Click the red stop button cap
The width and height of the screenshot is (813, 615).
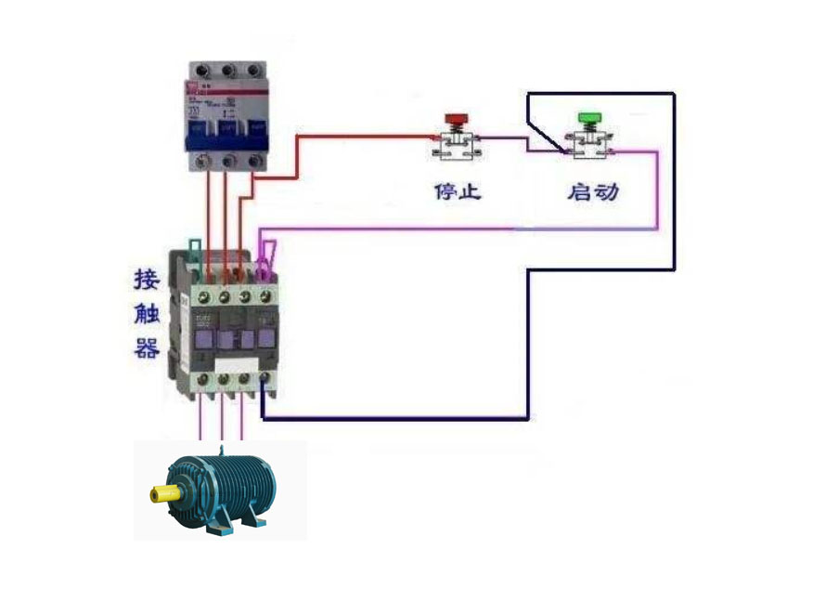(x=456, y=119)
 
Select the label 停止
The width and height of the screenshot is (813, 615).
(x=458, y=192)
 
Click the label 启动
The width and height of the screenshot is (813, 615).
(x=593, y=192)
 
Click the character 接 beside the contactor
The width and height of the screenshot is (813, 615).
(x=148, y=279)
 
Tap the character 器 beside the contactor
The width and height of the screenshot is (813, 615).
(x=148, y=349)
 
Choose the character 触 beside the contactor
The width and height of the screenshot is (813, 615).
(x=148, y=314)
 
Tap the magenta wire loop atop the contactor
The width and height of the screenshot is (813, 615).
(x=267, y=257)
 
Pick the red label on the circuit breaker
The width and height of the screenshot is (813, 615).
(x=194, y=89)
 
